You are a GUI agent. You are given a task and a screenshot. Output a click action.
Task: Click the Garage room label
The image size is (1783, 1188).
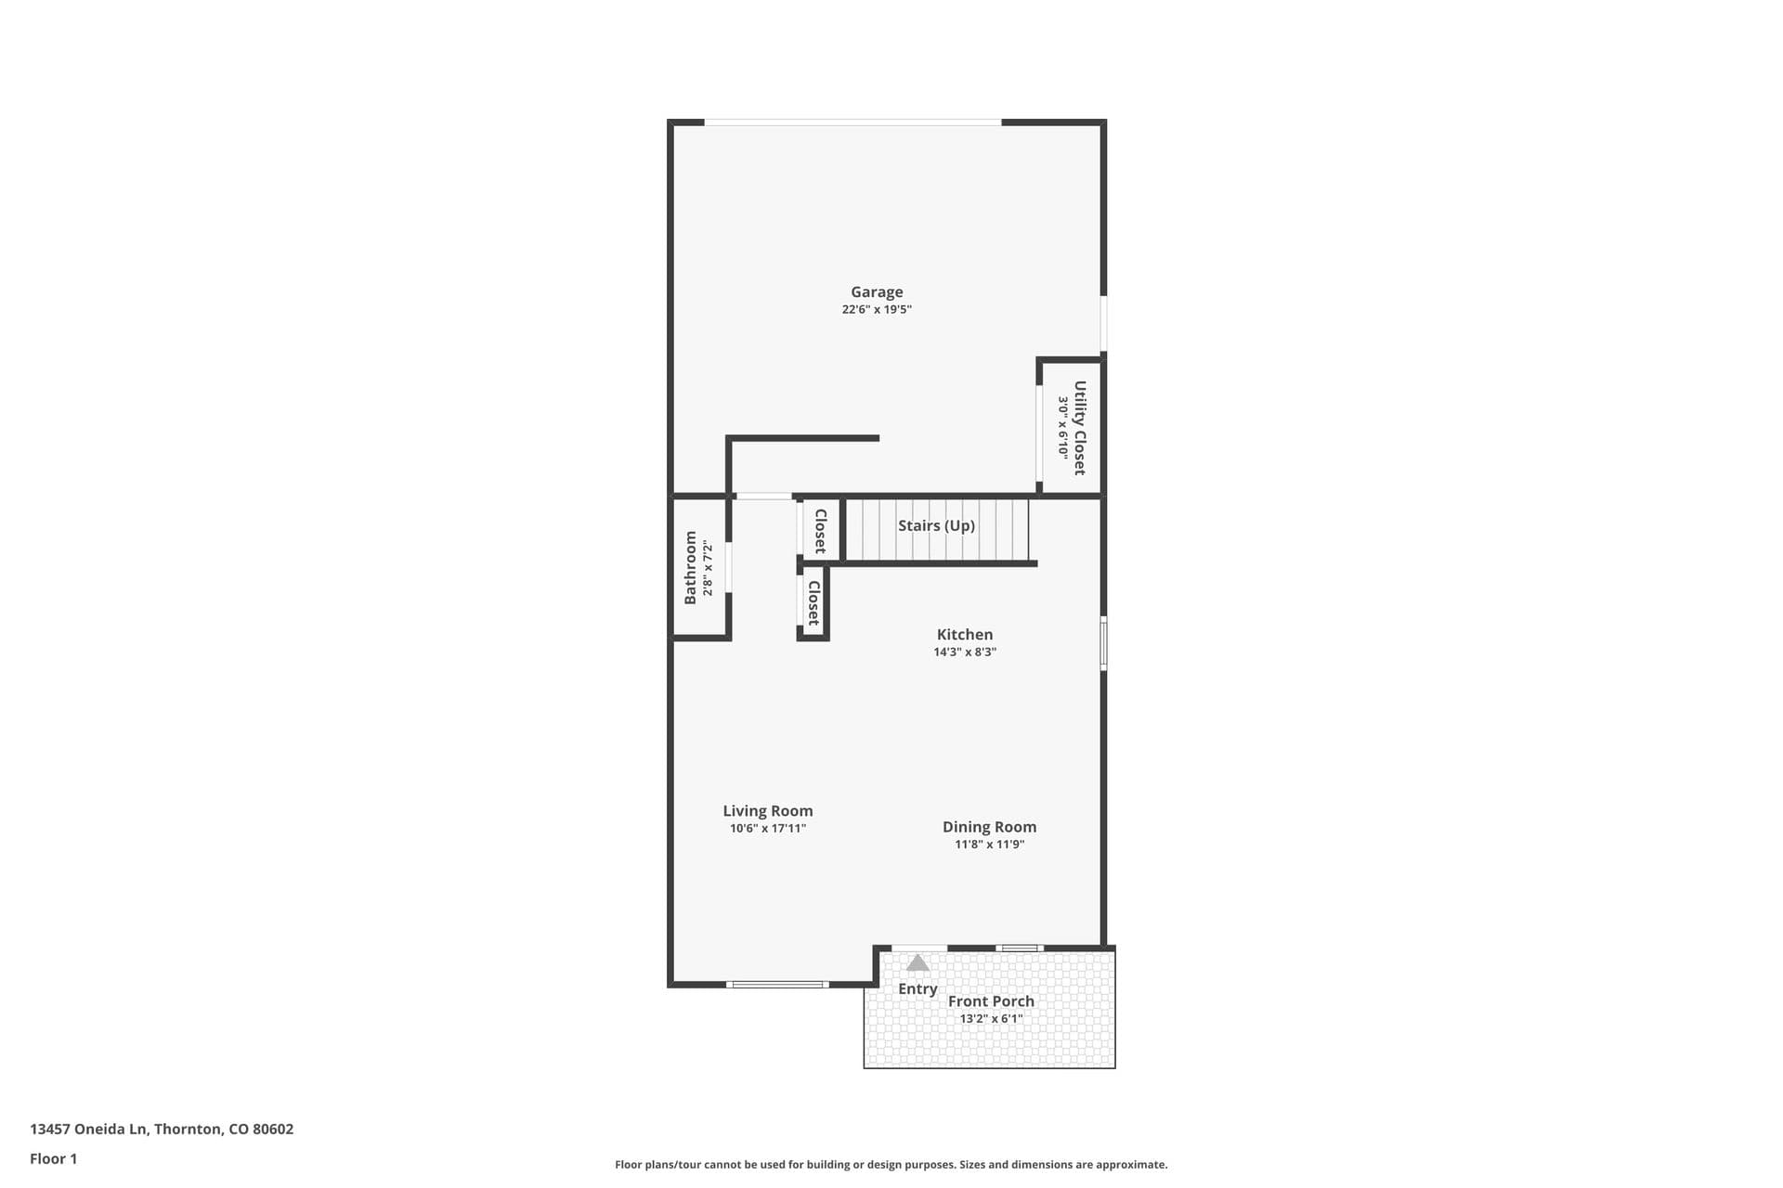click(x=877, y=292)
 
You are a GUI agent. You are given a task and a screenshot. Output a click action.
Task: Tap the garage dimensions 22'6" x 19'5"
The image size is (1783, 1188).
click(x=877, y=310)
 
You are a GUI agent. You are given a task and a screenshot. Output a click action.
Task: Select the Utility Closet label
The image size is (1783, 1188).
click(x=1079, y=428)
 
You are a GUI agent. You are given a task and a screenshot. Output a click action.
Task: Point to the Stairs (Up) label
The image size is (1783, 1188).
click(x=936, y=526)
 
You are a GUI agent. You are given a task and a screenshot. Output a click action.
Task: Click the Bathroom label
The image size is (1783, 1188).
click(x=690, y=568)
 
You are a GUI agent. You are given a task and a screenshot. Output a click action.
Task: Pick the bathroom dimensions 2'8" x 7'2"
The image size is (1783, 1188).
click(x=708, y=568)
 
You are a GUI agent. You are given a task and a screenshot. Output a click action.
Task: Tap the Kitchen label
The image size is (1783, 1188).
click(x=964, y=635)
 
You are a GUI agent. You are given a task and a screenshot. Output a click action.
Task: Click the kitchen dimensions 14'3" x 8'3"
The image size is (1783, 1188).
click(x=965, y=652)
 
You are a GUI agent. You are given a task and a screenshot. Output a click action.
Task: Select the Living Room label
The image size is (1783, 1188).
click(x=767, y=811)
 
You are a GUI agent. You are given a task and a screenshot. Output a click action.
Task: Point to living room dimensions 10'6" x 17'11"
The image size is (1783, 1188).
click(x=767, y=829)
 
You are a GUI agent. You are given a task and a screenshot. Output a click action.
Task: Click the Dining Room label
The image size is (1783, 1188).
click(x=989, y=827)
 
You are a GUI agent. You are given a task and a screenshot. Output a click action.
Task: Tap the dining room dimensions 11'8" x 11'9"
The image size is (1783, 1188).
click(x=989, y=845)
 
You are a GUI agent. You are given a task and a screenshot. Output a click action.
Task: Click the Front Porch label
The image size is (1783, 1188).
click(x=991, y=1001)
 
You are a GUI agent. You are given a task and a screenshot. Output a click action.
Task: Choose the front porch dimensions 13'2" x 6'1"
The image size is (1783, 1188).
click(x=991, y=1019)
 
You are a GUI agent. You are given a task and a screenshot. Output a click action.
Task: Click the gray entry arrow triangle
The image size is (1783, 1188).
click(x=918, y=963)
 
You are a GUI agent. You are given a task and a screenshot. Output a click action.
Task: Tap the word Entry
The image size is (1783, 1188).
click(x=918, y=989)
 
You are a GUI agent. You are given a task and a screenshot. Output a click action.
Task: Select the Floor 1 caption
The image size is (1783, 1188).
click(x=54, y=1159)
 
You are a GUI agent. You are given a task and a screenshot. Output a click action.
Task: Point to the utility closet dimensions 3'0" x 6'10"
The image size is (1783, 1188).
click(x=1062, y=428)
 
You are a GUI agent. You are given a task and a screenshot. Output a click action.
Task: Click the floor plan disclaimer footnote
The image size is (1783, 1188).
click(x=891, y=1165)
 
